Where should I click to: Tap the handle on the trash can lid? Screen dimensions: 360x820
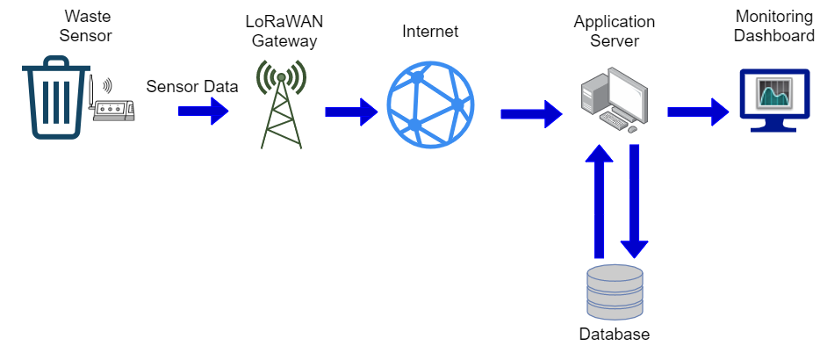56,60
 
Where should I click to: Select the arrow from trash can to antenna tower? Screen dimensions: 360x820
203,111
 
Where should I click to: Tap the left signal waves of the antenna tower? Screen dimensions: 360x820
262,76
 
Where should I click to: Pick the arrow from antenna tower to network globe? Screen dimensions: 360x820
350,112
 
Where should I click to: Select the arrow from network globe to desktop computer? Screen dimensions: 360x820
530,113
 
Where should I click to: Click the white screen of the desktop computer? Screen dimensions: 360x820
628,94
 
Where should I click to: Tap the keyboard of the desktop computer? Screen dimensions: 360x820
614,120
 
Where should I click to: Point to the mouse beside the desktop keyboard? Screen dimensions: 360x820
632,129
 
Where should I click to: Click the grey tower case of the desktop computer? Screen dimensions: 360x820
593,93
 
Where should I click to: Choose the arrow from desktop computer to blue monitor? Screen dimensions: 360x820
697,112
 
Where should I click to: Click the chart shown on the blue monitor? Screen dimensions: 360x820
774,93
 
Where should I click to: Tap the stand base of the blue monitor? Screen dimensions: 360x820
773,128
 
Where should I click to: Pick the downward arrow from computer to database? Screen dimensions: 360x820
635,200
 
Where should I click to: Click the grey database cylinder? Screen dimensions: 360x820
615,292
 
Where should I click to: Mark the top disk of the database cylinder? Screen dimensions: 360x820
615,273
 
